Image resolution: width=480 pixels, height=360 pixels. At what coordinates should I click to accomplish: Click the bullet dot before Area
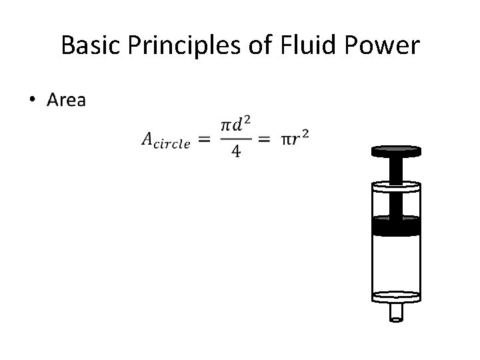[x=33, y=101]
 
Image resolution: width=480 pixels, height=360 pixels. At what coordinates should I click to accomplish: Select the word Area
[x=66, y=101]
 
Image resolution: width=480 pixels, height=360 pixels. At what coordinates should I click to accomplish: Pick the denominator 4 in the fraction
[x=235, y=152]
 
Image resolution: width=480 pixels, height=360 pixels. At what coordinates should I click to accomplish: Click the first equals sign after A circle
[x=205, y=139]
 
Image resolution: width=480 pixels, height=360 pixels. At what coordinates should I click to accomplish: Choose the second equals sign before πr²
[x=265, y=139]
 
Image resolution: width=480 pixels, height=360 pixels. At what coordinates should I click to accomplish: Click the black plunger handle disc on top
[x=395, y=151]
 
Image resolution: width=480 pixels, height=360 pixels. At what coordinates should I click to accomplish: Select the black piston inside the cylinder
[x=395, y=227]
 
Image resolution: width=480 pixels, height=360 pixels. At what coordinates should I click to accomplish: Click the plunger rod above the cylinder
[x=395, y=169]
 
